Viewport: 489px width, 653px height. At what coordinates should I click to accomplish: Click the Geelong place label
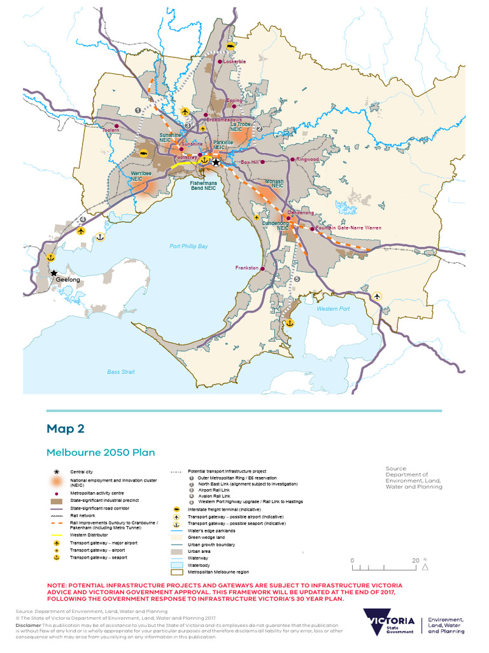[x=67, y=280]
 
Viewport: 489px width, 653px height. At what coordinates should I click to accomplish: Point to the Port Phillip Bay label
[x=188, y=247]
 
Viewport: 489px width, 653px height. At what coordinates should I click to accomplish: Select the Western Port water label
[x=333, y=309]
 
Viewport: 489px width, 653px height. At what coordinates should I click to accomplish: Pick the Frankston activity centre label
[x=246, y=268]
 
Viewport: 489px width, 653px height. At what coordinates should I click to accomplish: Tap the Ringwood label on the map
[x=306, y=159]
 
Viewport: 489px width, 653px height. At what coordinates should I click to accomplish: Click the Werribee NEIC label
[x=139, y=176]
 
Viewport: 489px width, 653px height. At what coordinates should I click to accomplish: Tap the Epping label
[x=234, y=100]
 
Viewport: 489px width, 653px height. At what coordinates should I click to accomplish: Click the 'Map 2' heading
[x=65, y=429]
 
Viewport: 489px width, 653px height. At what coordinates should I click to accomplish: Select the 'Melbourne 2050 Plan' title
[x=101, y=453]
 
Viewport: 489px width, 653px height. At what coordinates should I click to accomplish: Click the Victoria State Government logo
[x=388, y=622]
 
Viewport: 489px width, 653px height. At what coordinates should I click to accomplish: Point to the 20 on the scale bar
[x=415, y=561]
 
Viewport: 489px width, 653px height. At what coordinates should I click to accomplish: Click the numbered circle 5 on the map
[x=297, y=279]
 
